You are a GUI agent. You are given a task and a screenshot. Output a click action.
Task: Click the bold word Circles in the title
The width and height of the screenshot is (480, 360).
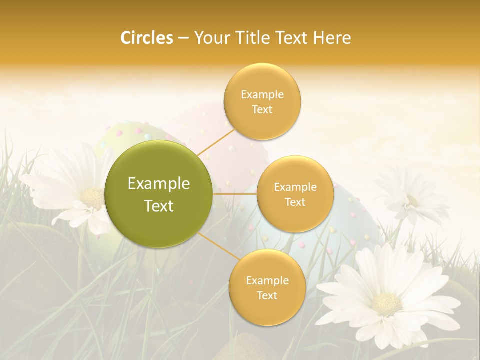click(147, 38)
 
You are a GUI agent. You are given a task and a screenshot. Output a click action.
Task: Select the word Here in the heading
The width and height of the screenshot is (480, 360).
click(332, 38)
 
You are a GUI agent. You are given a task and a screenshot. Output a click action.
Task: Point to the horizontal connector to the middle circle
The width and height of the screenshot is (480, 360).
click(235, 194)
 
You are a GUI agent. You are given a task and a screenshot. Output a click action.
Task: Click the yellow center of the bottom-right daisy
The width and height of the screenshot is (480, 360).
click(387, 303)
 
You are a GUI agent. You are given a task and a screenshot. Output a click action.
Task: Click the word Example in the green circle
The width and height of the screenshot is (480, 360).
click(159, 184)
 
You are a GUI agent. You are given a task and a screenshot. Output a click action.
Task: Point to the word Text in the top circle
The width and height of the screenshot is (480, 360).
click(262, 109)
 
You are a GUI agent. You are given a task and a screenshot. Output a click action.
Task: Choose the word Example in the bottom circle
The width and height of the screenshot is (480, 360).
click(267, 281)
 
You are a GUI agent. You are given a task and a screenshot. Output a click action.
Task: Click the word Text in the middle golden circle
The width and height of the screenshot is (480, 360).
click(295, 202)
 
